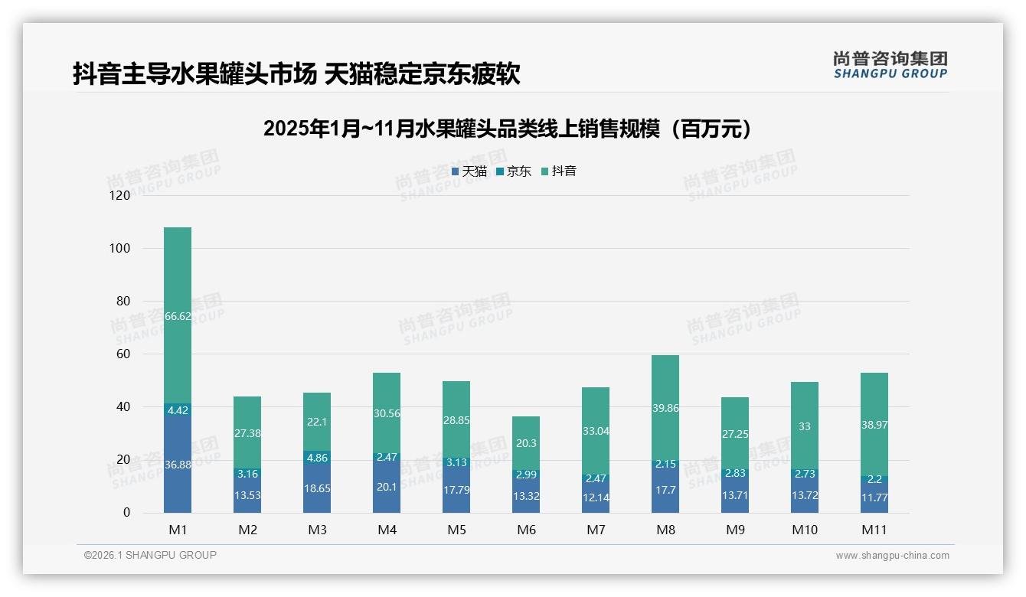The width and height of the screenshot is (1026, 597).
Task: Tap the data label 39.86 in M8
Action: [x=665, y=408]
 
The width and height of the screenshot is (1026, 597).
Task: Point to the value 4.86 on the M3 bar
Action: [x=317, y=458]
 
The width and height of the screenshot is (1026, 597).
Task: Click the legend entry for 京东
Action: [x=514, y=171]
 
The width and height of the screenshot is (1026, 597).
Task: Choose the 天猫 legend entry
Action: [x=469, y=171]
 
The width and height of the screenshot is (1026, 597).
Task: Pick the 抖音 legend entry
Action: [x=559, y=171]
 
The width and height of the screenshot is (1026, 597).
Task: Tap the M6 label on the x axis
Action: [x=526, y=530]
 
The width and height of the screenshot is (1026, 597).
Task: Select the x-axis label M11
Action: [x=874, y=530]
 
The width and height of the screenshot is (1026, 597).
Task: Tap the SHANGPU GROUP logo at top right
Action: [x=890, y=65]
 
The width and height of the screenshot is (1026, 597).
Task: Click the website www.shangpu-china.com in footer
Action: [x=892, y=556]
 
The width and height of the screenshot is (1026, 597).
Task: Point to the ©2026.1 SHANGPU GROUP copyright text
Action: [x=150, y=555]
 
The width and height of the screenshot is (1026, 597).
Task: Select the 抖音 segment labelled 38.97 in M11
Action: [x=874, y=424]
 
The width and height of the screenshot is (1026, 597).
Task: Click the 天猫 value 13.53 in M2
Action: [x=247, y=495]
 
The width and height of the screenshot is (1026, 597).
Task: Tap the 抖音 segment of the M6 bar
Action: [x=526, y=443]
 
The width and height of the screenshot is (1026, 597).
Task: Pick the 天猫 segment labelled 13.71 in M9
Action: [x=735, y=495]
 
